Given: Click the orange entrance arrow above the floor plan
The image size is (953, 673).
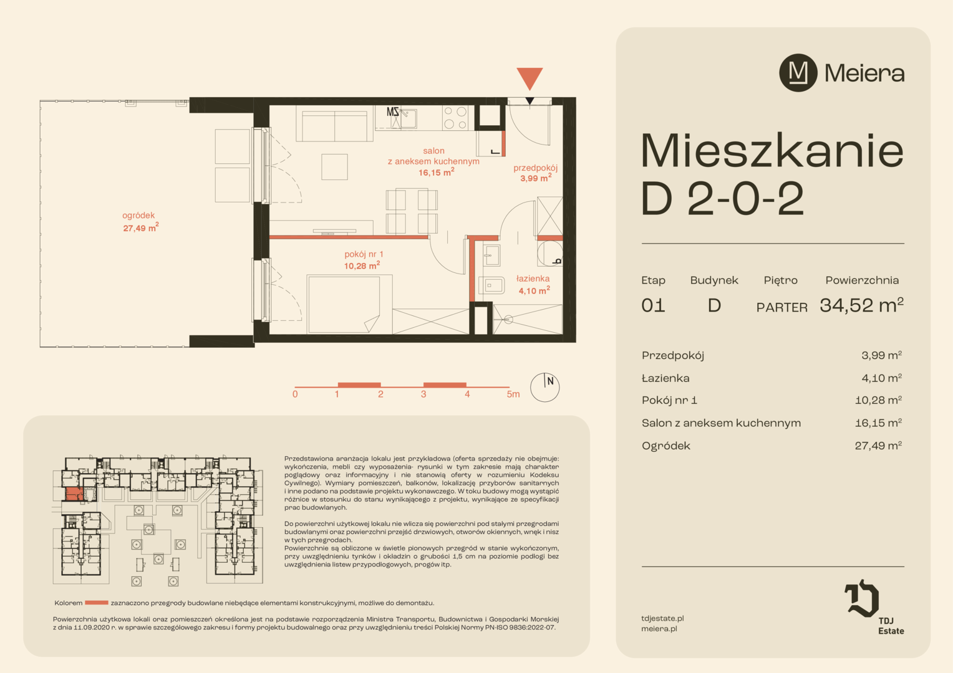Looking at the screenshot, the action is coord(530,78).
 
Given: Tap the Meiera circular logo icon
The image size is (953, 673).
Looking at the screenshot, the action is coord(798,73).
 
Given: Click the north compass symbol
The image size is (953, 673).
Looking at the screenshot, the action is coord(544,388).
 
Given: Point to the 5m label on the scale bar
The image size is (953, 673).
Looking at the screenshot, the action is coord(513,394).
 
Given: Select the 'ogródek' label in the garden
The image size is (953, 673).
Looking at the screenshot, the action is coord(138,216).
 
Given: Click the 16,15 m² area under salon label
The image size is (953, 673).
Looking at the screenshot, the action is coord(436,172).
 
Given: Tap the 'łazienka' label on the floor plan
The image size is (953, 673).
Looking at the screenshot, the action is coord(533,279).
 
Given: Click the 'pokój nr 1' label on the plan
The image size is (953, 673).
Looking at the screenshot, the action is coord(364,254).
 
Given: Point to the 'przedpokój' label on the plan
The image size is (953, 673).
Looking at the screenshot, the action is coord(535,168).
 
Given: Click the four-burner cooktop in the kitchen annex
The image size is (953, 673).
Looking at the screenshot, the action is coord(455,118).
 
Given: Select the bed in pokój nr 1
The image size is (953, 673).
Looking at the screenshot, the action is coord(344,304).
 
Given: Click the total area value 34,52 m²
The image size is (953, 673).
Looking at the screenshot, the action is coord(861,305).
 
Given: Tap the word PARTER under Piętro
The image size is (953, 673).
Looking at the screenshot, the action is coord(782,307).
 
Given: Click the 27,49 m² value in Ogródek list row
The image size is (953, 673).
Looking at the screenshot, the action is coord(878,446).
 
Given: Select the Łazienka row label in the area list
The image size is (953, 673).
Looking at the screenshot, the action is coord(665,378).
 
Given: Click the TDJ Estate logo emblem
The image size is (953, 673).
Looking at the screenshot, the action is coord(862,598).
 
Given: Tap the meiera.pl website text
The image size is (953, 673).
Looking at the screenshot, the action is coord(659,629).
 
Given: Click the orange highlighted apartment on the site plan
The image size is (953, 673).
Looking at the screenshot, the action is coord(74,494).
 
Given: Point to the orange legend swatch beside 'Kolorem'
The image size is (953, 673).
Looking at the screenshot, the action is coord(97,603).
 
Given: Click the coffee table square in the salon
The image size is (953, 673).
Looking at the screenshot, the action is coord(334,166).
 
